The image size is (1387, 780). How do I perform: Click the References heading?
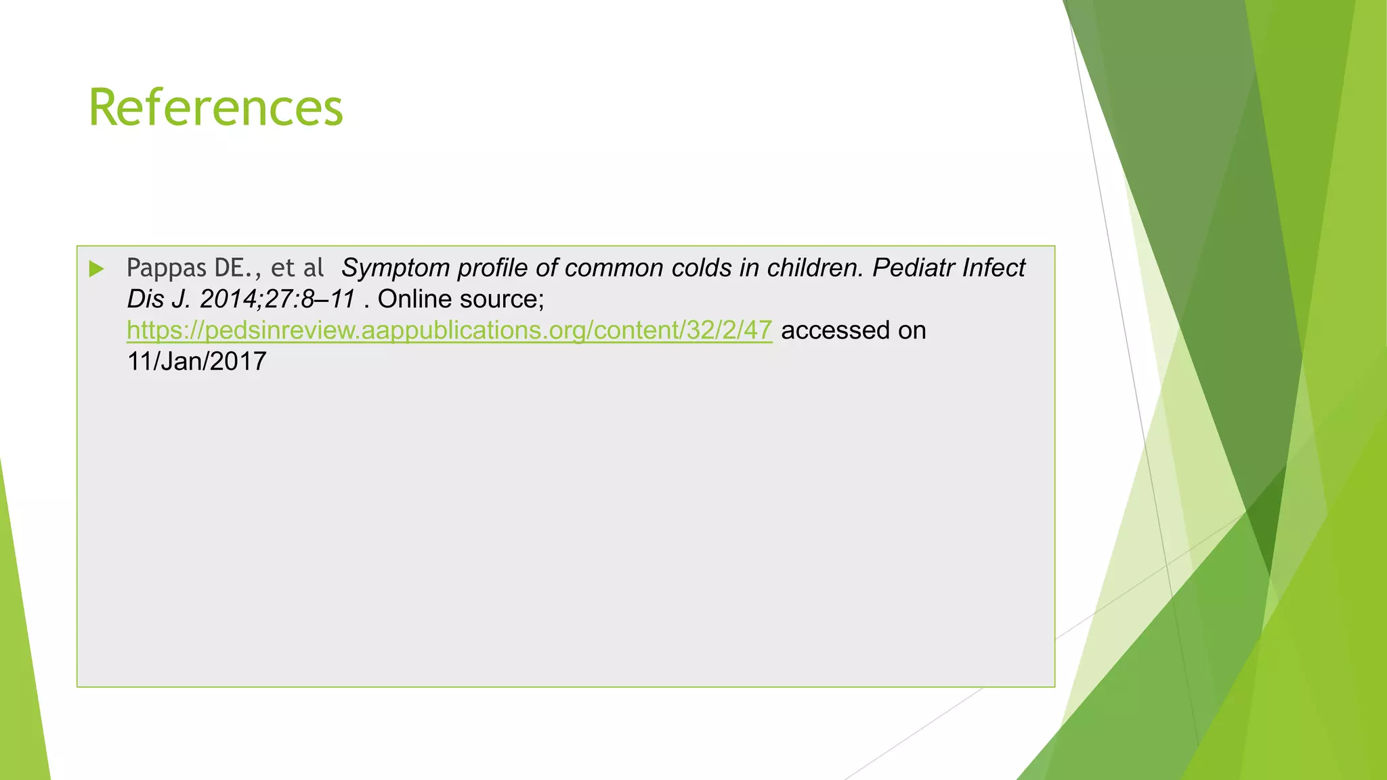215,108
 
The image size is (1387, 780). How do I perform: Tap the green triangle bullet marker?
96,269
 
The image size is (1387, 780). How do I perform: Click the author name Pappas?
166,269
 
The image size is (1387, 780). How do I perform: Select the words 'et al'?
297,268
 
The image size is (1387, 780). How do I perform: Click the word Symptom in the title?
396,269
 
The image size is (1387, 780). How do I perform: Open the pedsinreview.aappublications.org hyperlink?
449,330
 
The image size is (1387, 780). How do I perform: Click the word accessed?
835,330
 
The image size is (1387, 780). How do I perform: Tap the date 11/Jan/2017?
196,362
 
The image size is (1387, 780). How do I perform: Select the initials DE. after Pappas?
233,269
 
